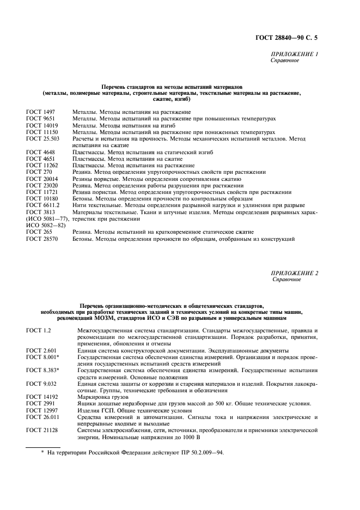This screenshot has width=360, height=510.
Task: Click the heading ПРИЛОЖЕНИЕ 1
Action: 294,54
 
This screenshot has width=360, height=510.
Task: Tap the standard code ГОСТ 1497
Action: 38,112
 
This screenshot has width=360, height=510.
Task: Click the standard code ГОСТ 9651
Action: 38,118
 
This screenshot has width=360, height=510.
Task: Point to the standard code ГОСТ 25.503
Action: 40,138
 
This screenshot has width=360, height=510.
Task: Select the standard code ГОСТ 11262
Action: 40,165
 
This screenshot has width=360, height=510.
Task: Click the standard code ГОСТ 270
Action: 36,172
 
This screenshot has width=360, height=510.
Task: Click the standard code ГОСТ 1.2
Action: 36,330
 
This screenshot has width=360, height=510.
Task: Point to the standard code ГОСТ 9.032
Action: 38,384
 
